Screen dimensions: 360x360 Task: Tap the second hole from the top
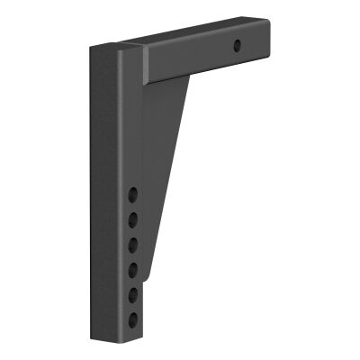tap(133, 219)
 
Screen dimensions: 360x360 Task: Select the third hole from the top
tap(133, 243)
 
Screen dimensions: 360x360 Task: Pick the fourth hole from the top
tap(133, 267)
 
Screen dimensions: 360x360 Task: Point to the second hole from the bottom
tap(133, 292)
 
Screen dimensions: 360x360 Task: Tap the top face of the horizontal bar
tap(198, 36)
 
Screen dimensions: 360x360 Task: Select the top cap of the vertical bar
tap(114, 47)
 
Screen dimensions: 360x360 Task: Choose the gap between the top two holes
tap(133, 206)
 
